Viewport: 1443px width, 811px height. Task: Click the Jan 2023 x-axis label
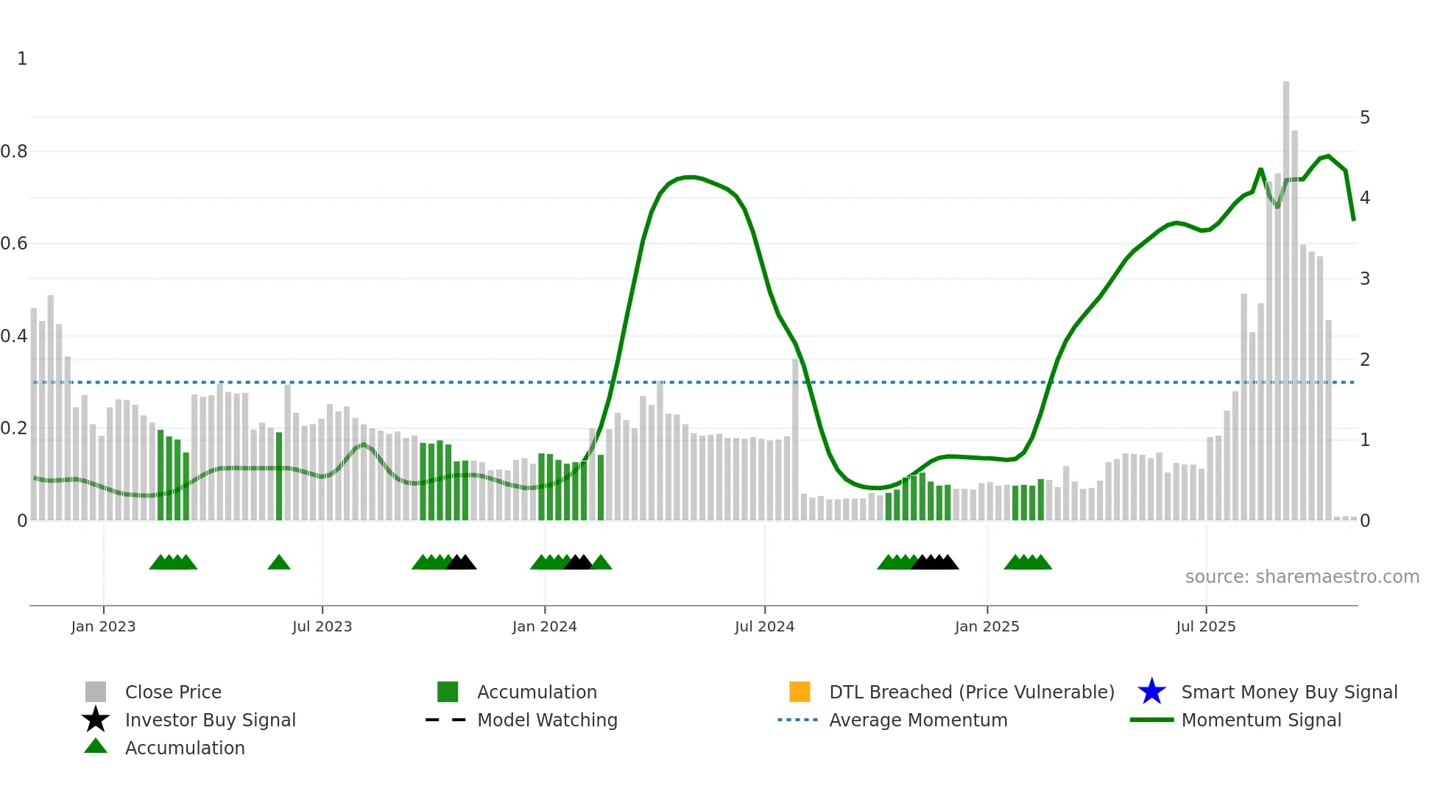(x=103, y=626)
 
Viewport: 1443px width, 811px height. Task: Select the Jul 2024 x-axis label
(x=764, y=626)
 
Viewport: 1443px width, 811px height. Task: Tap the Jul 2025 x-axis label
(x=1205, y=626)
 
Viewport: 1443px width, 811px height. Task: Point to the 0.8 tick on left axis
(x=14, y=152)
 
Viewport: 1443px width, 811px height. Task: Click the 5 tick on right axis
(x=1364, y=118)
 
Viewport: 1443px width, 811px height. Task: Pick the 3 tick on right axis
(x=1364, y=279)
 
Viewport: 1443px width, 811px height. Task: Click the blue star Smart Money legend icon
(x=1151, y=692)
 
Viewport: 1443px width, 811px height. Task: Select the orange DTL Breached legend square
(x=800, y=692)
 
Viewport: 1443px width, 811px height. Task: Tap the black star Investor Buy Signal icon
(x=96, y=720)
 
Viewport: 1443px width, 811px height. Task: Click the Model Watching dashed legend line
(x=446, y=720)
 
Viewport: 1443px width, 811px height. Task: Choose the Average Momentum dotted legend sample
(x=797, y=720)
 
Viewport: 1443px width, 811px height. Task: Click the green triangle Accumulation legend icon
(x=96, y=746)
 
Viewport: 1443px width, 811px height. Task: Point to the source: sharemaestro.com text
(x=1302, y=577)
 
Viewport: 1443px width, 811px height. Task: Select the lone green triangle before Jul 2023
(x=279, y=563)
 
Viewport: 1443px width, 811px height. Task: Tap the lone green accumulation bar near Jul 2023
(x=279, y=477)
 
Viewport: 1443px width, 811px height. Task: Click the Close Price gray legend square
(x=96, y=692)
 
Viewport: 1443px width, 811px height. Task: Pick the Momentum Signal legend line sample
(x=1151, y=720)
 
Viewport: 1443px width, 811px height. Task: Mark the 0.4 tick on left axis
(x=14, y=336)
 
